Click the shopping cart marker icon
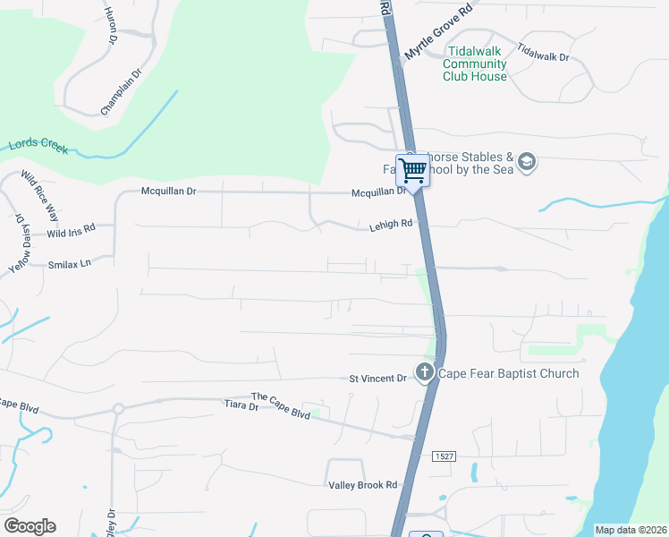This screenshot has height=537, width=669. (413, 169)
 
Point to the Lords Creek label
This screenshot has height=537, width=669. (38, 146)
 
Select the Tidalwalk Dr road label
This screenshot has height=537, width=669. (543, 55)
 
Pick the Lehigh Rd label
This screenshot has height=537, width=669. (391, 226)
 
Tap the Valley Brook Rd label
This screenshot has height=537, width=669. (362, 484)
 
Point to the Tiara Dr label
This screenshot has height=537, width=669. (241, 406)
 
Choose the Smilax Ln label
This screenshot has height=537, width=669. (70, 264)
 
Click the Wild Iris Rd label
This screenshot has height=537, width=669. (71, 234)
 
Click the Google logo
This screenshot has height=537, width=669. (30, 526)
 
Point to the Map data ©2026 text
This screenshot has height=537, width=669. (631, 530)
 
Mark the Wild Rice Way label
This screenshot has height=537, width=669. (40, 195)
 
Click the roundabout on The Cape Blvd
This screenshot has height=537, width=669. (117, 408)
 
